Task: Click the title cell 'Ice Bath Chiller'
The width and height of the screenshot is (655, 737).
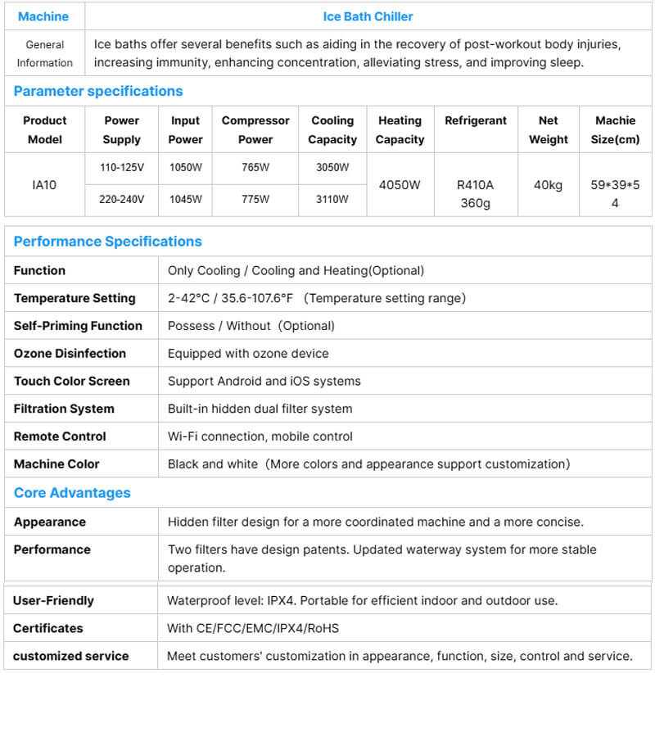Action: (x=368, y=16)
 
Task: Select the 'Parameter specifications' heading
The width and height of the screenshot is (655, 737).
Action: (x=98, y=91)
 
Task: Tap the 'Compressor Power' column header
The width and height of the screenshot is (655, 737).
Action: (x=255, y=129)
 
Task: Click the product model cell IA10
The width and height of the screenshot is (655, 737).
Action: (x=44, y=185)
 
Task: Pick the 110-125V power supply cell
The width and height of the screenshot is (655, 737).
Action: (x=122, y=168)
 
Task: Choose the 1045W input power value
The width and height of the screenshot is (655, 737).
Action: (x=186, y=199)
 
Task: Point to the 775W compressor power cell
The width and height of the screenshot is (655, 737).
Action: (x=255, y=199)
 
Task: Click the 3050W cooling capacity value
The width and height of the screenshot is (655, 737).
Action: (x=332, y=168)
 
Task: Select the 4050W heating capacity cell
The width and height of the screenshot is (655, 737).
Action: (x=400, y=185)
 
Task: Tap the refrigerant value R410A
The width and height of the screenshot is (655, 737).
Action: (x=476, y=185)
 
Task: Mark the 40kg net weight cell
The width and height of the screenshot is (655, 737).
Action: (x=548, y=185)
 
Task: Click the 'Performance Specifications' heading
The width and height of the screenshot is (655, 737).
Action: (x=107, y=242)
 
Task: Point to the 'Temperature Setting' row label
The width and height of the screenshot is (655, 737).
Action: (x=75, y=298)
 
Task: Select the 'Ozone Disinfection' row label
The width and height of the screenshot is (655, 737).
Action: (x=70, y=354)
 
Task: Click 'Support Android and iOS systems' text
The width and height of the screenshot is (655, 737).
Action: (x=264, y=381)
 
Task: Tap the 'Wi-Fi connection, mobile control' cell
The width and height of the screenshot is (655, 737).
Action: (x=260, y=436)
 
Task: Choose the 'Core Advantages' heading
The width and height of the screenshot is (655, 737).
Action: (x=72, y=493)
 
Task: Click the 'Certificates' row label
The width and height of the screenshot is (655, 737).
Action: (x=47, y=628)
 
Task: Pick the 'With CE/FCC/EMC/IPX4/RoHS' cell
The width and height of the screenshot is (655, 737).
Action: (x=253, y=628)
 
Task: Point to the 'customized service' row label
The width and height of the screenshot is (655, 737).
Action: (x=70, y=656)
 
